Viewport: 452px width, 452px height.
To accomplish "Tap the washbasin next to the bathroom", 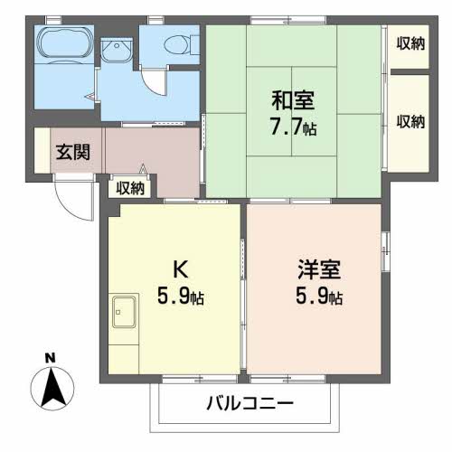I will click(x=116, y=52).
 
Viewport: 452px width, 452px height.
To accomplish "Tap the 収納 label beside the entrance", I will click(x=130, y=188).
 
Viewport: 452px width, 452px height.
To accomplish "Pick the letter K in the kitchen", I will click(x=181, y=269).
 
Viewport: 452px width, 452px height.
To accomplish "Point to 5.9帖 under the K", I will click(x=181, y=297).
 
